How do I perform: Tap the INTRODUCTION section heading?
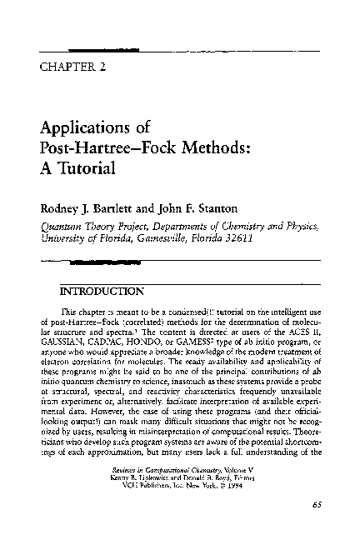pos(102,292)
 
